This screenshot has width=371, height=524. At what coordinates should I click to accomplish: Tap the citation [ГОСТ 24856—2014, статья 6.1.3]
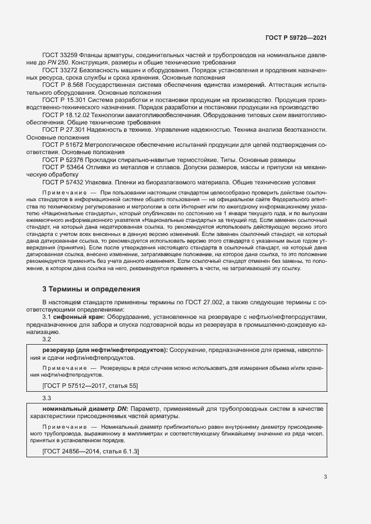click(x=90, y=451)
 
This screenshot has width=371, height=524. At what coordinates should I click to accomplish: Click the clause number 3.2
click(x=47, y=340)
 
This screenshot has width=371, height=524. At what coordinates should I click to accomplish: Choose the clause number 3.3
click(x=47, y=397)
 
